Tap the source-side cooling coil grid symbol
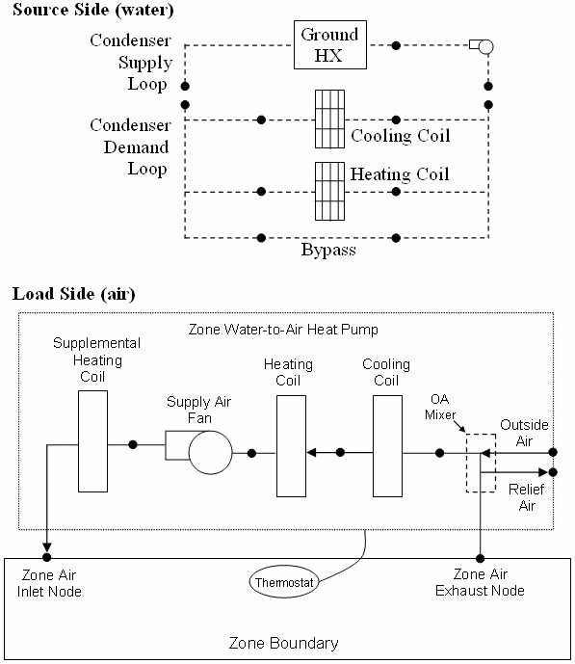329,120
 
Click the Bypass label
327,251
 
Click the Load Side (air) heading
73,294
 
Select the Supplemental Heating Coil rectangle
94,444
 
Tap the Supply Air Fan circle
210,450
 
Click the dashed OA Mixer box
480,463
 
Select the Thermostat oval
285,582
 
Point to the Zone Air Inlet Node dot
46,558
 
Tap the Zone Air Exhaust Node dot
480,558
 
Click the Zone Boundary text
283,642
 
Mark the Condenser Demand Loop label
130,147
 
